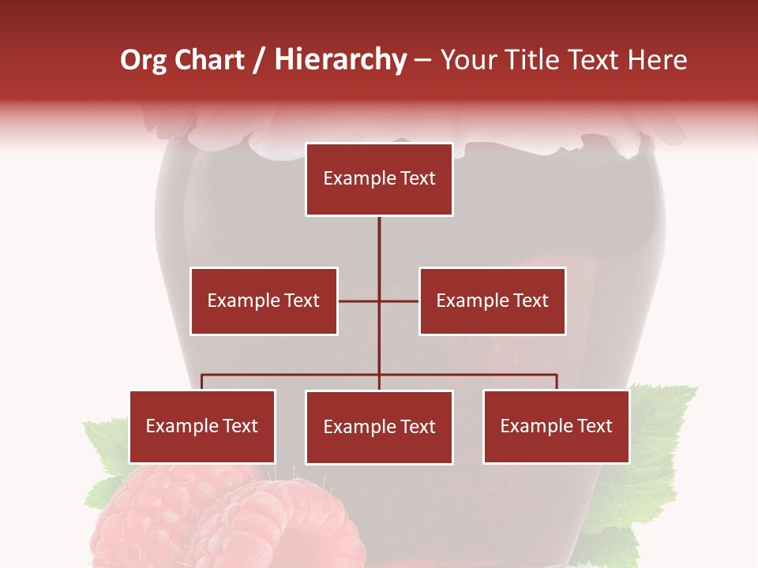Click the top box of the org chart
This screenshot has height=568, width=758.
[x=379, y=179]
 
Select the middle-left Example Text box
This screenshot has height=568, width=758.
[x=264, y=301]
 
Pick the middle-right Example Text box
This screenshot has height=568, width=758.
[x=492, y=301]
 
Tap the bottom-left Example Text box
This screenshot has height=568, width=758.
[x=202, y=427]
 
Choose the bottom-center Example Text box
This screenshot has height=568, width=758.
[x=379, y=428]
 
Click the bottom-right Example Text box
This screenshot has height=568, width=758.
[x=556, y=427]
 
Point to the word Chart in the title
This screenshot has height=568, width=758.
[x=208, y=60]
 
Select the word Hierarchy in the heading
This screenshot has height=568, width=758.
[x=340, y=60]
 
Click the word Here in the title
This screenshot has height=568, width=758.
[x=657, y=60]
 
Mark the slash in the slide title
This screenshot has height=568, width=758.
[x=259, y=61]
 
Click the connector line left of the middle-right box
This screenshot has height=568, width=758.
[x=400, y=301]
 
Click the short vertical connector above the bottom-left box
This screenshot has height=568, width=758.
[x=202, y=382]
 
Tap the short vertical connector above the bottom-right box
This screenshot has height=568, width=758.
[x=557, y=382]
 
